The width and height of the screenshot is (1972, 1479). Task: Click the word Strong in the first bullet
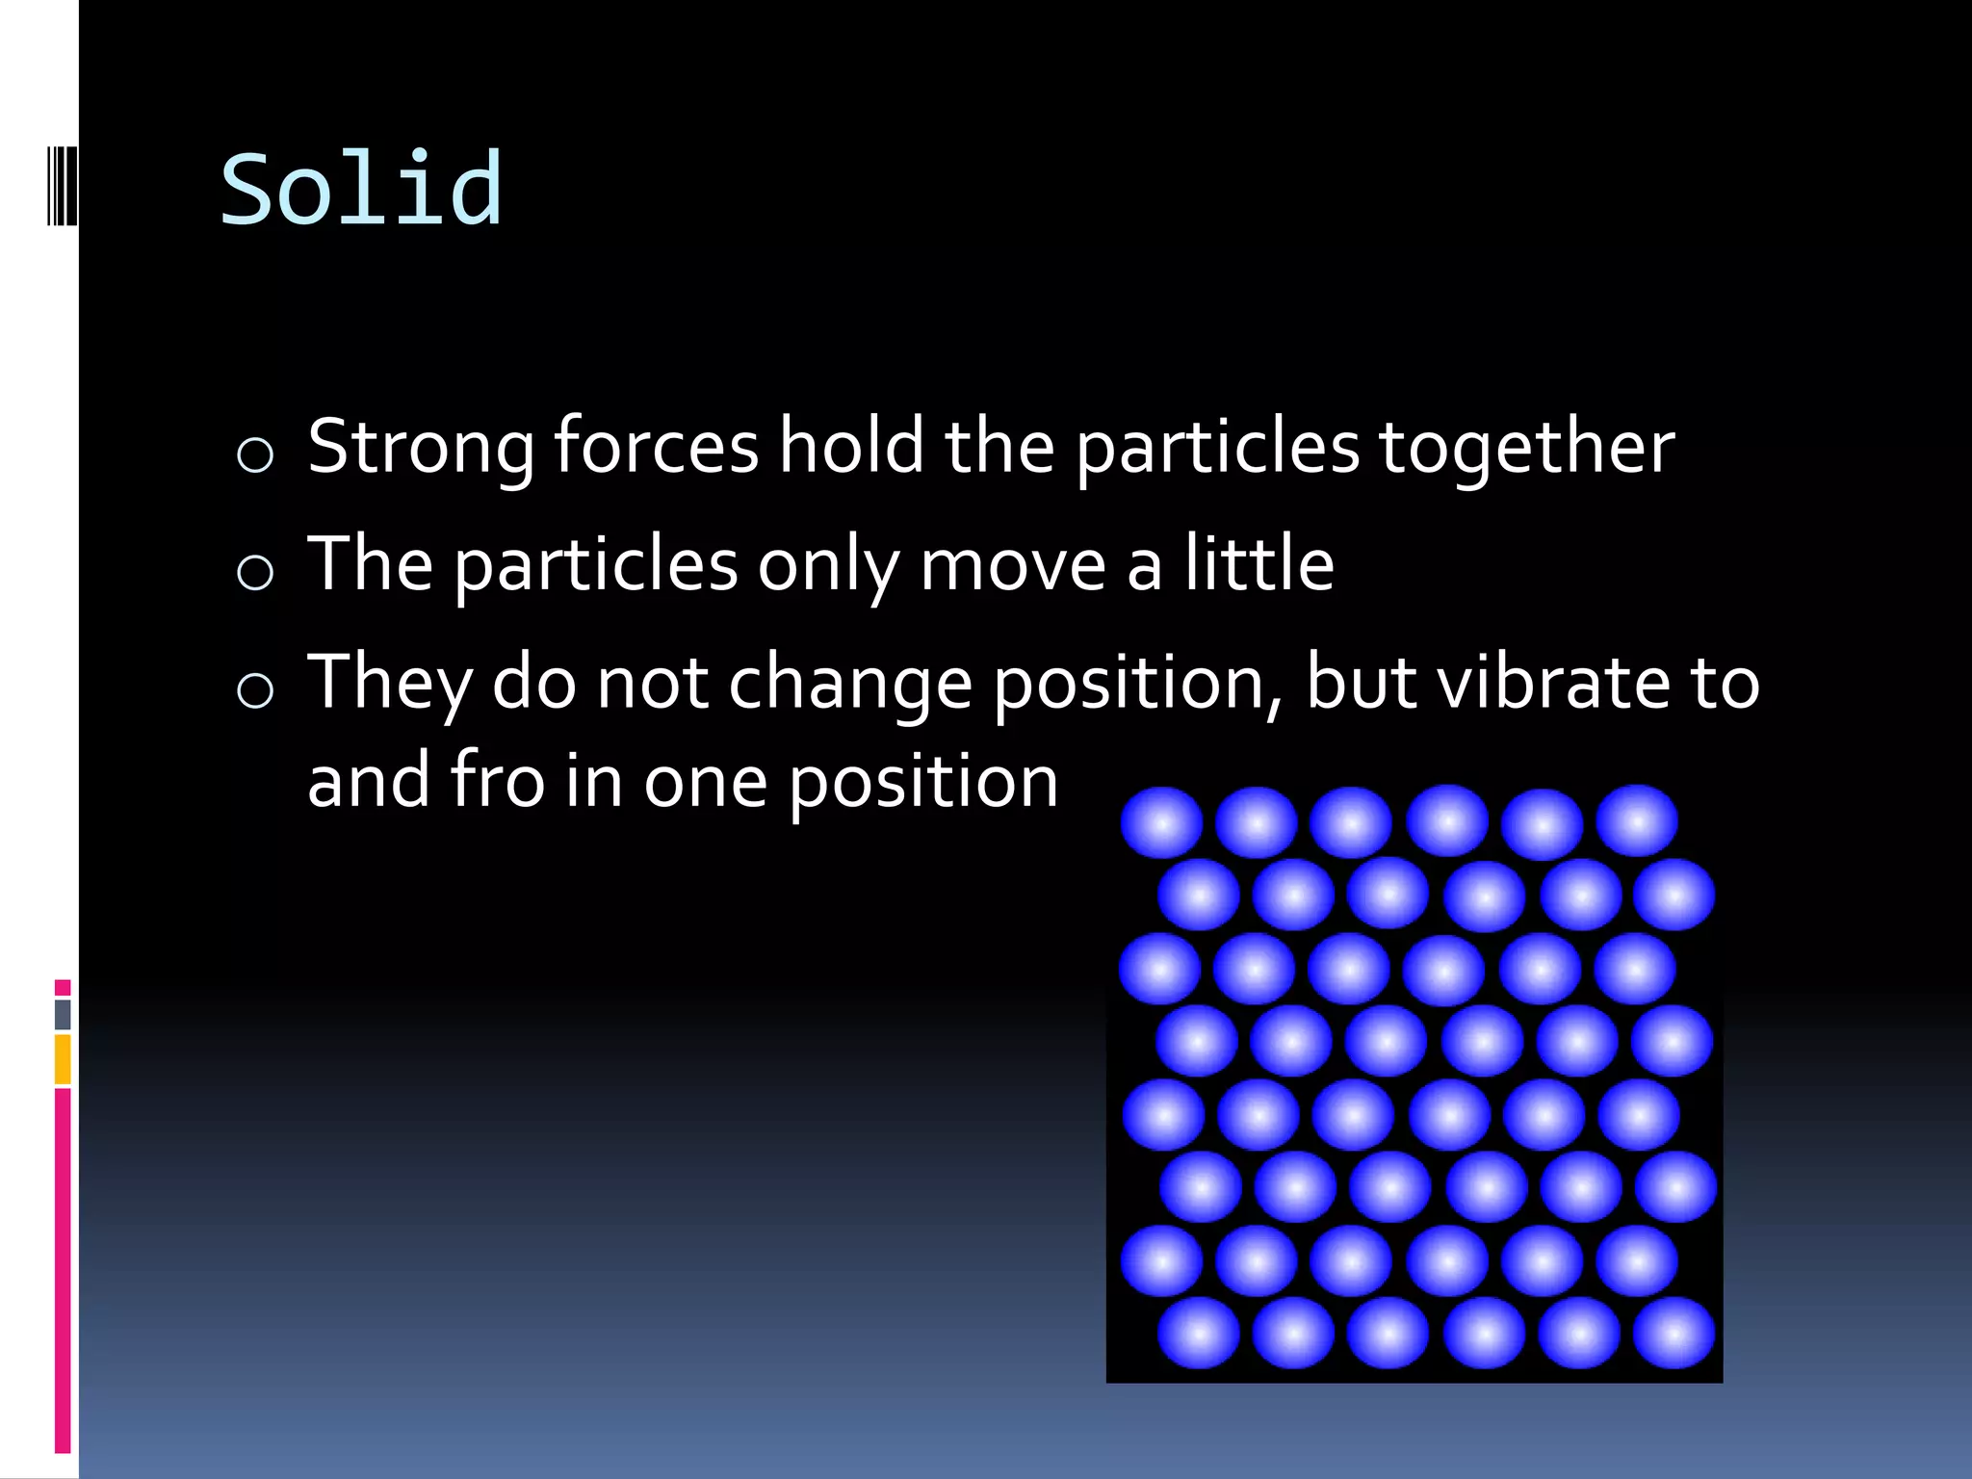click(x=421, y=447)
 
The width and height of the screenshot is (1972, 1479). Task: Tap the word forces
click(x=657, y=447)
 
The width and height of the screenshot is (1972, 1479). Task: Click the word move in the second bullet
click(x=1012, y=566)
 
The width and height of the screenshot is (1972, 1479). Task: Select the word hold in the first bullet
click(x=852, y=446)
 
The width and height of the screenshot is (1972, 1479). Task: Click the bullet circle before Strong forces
click(x=255, y=454)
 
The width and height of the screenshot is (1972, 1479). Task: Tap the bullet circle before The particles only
click(x=255, y=572)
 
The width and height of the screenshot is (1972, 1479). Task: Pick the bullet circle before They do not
click(x=255, y=689)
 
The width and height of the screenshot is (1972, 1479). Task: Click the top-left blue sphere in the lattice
click(x=1162, y=823)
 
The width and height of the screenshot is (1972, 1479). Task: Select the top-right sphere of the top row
click(x=1637, y=821)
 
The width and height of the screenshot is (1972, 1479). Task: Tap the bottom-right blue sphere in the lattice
click(x=1674, y=1334)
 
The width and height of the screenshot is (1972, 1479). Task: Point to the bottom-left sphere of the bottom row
click(x=1199, y=1334)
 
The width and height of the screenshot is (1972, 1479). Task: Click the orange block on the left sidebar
click(x=63, y=1059)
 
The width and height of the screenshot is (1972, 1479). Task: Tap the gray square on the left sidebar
click(x=63, y=1014)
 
